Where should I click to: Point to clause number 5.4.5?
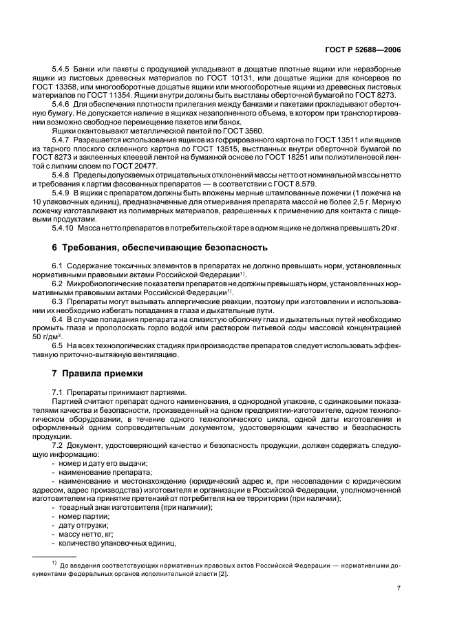(x=64, y=71)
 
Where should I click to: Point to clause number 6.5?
(x=59, y=346)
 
